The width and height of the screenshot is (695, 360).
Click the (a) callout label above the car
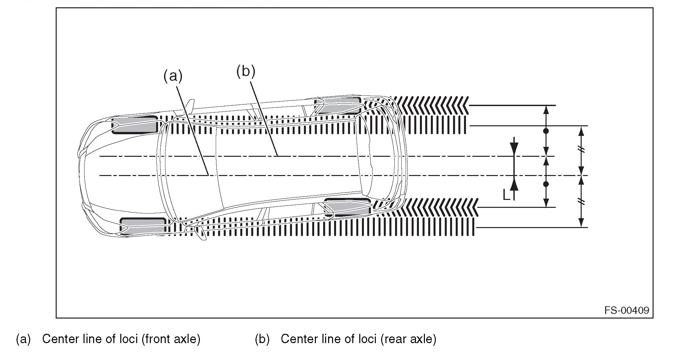[x=173, y=76]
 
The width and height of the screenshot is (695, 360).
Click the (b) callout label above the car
[x=246, y=71]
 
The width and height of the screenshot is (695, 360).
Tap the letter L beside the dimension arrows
[x=506, y=195]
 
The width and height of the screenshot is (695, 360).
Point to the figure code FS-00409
[x=627, y=310]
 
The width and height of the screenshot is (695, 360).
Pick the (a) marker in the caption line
[x=23, y=339]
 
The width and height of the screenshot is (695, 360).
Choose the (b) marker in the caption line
[x=262, y=339]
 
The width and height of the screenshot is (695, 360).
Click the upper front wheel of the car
[x=135, y=125]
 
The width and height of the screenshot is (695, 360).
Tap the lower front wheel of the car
[x=143, y=226]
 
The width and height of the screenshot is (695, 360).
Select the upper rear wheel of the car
[x=338, y=105]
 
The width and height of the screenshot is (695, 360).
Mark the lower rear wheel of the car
[x=347, y=207]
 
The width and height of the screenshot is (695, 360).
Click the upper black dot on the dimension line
[x=546, y=131]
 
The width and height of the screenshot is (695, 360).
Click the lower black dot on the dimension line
[x=546, y=184]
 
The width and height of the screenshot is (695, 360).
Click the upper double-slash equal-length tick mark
[x=581, y=150]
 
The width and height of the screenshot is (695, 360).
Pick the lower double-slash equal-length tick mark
[x=581, y=202]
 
